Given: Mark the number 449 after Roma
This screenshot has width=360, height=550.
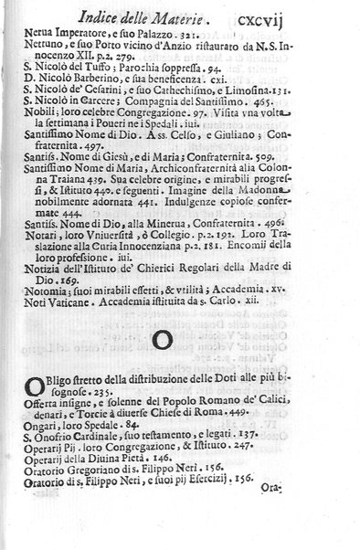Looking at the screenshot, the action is tap(271, 437).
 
